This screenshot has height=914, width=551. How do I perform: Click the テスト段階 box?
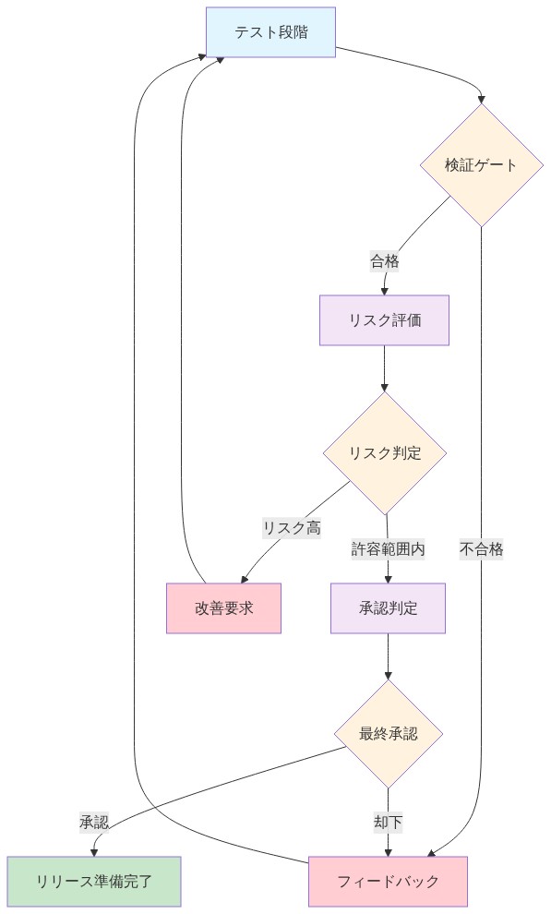[270, 32]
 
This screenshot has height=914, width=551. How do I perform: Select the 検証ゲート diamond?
[481, 165]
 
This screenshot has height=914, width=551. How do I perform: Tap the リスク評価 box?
[384, 320]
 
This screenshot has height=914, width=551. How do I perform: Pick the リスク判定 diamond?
[385, 452]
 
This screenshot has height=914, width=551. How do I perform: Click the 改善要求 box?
[223, 608]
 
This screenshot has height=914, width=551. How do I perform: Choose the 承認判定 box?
[388, 608]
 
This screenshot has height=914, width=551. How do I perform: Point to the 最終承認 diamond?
[388, 734]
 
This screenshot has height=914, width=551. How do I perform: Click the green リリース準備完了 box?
[94, 882]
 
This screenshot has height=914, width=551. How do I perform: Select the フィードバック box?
[388, 882]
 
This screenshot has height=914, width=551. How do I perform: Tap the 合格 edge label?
[385, 261]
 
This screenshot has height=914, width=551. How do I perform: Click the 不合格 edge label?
[482, 549]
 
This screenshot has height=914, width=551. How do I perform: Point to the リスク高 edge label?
[292, 528]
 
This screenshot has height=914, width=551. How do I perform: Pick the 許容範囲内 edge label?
[388, 549]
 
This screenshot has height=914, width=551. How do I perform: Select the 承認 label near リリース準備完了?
[94, 822]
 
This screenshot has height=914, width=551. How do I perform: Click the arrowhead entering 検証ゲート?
[481, 99]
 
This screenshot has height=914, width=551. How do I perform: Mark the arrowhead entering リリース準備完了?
[94, 852]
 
